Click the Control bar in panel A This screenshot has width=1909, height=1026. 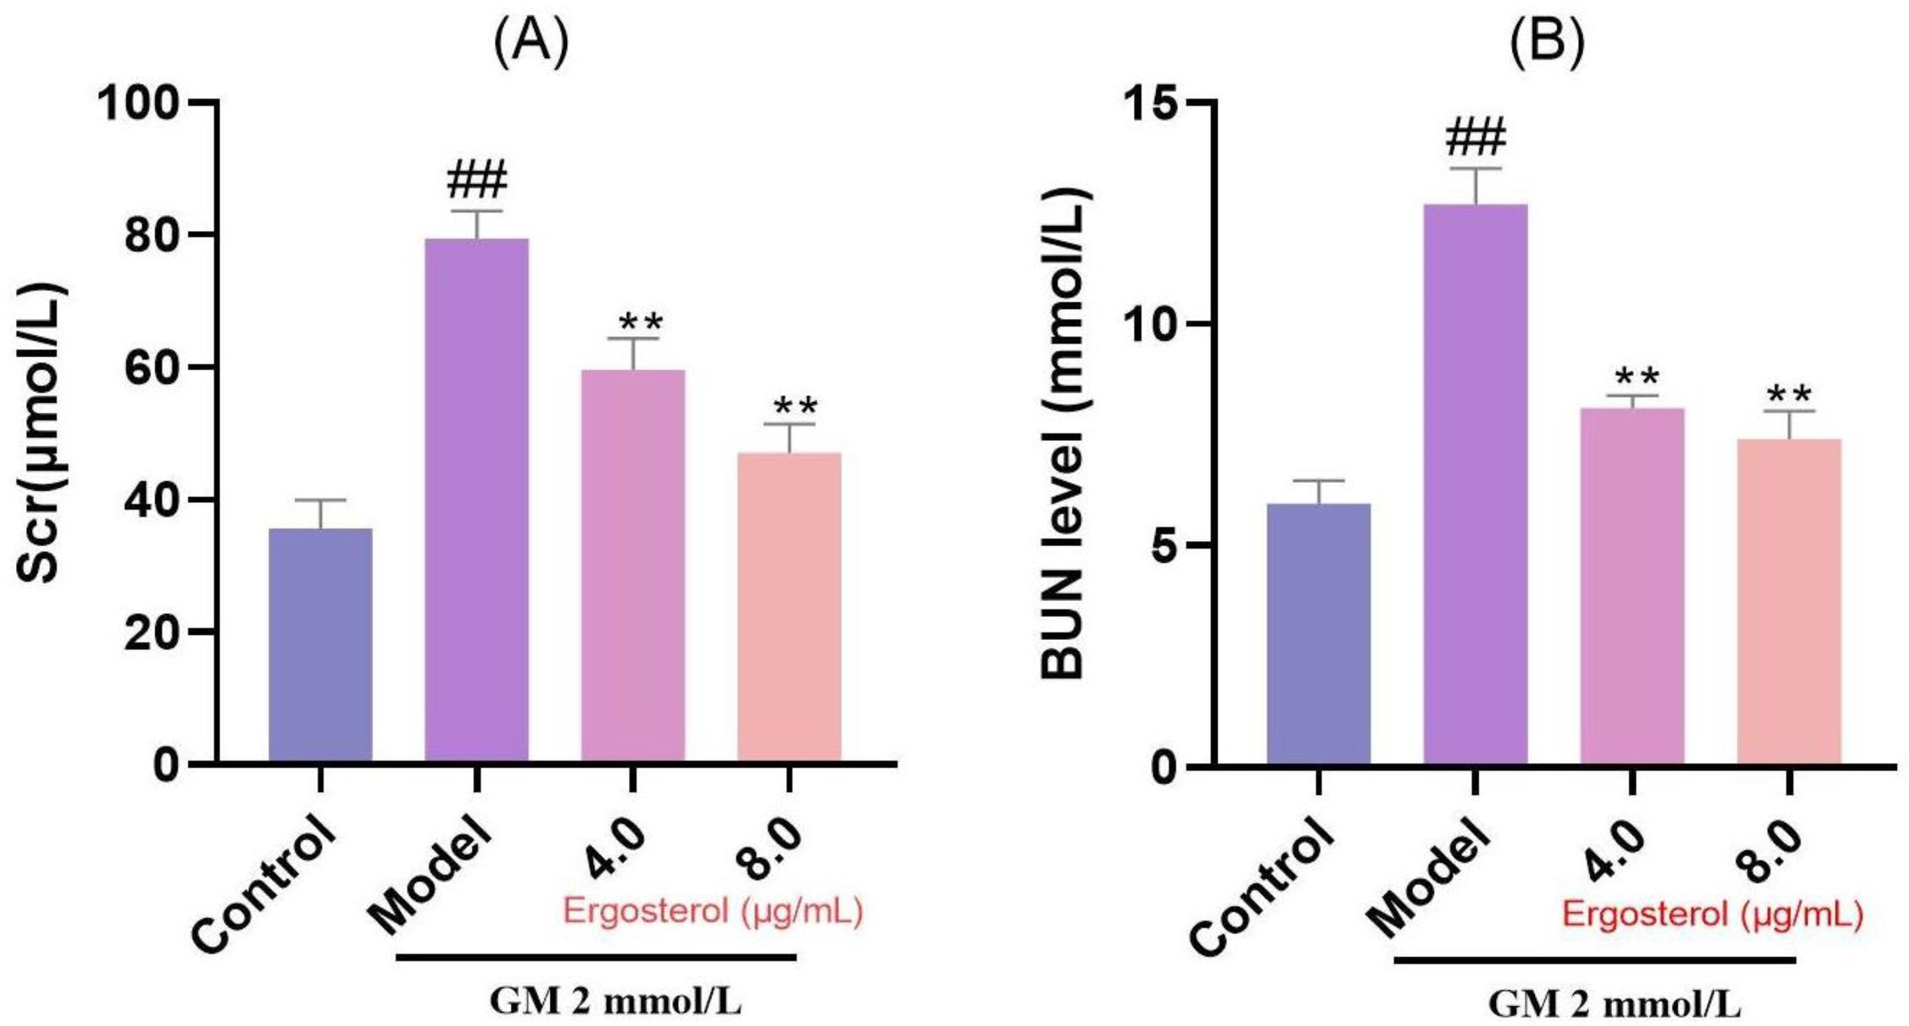320,644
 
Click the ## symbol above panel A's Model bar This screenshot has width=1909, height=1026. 476,181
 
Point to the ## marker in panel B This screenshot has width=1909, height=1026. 1475,138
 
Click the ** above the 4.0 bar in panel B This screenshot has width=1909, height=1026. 1632,378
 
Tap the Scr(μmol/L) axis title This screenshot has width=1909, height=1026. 42,433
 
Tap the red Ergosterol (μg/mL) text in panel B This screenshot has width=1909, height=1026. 1712,916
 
